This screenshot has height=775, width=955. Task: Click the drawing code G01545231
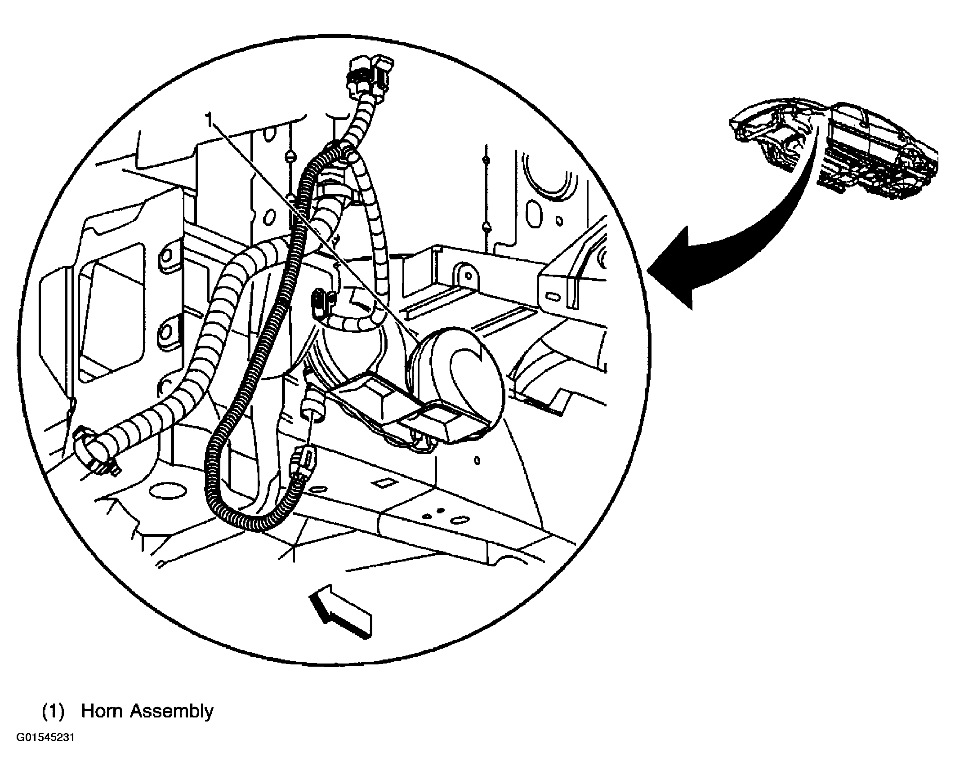[45, 751]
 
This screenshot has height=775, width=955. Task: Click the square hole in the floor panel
[384, 483]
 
